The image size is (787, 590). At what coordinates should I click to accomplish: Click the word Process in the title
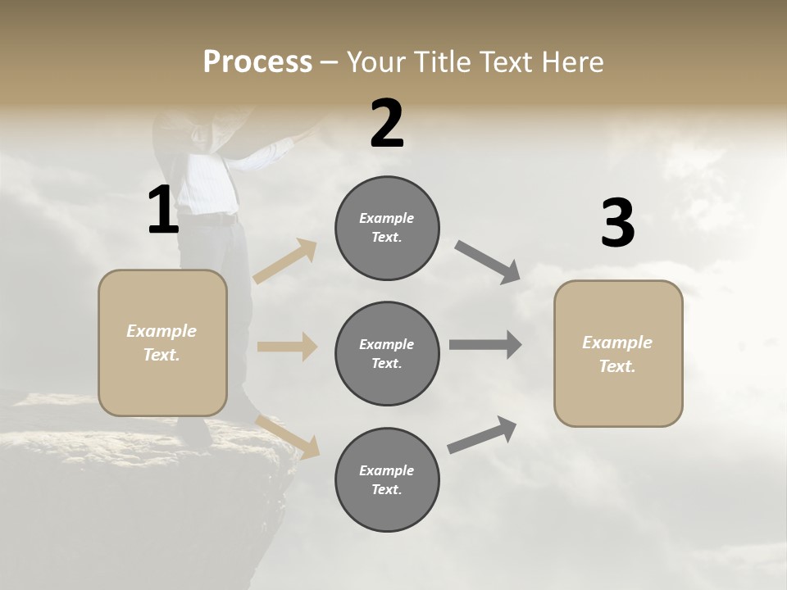pyautogui.click(x=257, y=62)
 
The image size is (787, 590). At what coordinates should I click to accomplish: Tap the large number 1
pyautogui.click(x=163, y=211)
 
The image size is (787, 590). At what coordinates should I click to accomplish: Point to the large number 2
pyautogui.click(x=387, y=124)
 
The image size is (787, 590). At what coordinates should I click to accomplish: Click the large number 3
pyautogui.click(x=617, y=224)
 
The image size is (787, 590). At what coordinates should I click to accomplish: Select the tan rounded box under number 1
pyautogui.click(x=162, y=343)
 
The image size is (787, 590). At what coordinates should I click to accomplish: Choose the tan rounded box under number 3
pyautogui.click(x=618, y=353)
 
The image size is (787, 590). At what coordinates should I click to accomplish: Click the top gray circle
pyautogui.click(x=387, y=228)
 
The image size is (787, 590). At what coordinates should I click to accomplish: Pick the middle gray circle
pyautogui.click(x=387, y=353)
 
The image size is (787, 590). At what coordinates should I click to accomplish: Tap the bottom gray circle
pyautogui.click(x=387, y=479)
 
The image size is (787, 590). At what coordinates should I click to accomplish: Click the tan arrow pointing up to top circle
pyautogui.click(x=285, y=261)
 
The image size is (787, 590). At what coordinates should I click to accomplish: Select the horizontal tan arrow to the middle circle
pyautogui.click(x=287, y=347)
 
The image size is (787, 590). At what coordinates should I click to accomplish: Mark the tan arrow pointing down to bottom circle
pyautogui.click(x=288, y=436)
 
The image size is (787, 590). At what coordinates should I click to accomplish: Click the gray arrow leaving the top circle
pyautogui.click(x=488, y=262)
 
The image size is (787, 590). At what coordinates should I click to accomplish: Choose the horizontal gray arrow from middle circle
pyautogui.click(x=485, y=345)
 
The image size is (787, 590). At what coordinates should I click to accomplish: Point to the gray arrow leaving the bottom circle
pyautogui.click(x=483, y=434)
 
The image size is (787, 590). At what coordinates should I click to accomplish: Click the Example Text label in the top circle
pyautogui.click(x=387, y=228)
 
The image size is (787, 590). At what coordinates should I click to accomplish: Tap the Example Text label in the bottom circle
pyautogui.click(x=387, y=479)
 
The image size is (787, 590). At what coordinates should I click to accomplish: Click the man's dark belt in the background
pyautogui.click(x=215, y=220)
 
